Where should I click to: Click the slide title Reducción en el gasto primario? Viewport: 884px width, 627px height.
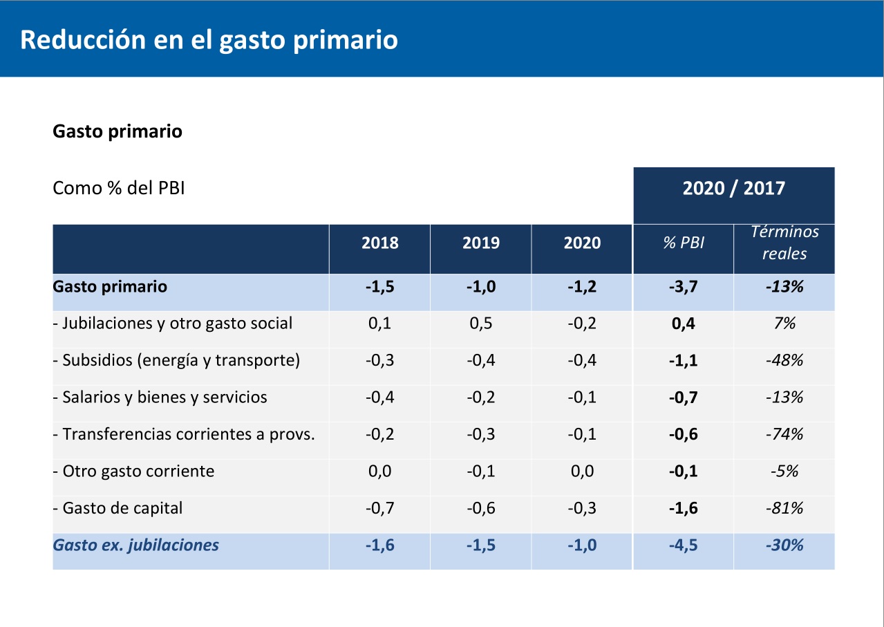[x=209, y=40]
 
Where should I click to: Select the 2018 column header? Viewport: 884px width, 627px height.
[x=379, y=243]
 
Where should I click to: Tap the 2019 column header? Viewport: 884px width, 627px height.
[x=480, y=243]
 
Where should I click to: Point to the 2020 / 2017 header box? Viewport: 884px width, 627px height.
[x=733, y=189]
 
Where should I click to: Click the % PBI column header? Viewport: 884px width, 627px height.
[x=683, y=243]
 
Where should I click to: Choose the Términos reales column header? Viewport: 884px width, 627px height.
[x=784, y=243]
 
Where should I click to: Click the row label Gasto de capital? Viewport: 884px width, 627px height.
[x=118, y=509]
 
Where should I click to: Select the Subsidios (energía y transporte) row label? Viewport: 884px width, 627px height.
[x=176, y=361]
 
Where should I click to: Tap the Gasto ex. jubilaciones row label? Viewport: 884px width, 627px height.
[x=136, y=545]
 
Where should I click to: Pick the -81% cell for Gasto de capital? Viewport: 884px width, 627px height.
[x=784, y=509]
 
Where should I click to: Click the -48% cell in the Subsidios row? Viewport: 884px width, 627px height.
[x=784, y=361]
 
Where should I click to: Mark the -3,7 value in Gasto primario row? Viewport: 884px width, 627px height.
[x=683, y=287]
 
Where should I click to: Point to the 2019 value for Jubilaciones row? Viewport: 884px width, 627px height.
[x=480, y=324]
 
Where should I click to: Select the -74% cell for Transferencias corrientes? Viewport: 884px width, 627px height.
[x=784, y=435]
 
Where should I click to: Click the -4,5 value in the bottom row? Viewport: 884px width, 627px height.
[x=683, y=545]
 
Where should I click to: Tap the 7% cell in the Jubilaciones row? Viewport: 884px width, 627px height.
[x=784, y=324]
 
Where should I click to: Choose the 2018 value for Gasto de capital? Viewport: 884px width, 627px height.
[x=379, y=509]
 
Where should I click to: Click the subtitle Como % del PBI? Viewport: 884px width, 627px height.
[x=119, y=188]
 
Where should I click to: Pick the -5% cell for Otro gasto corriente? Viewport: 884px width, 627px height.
[x=784, y=471]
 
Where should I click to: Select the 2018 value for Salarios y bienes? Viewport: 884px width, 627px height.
[x=379, y=397]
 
